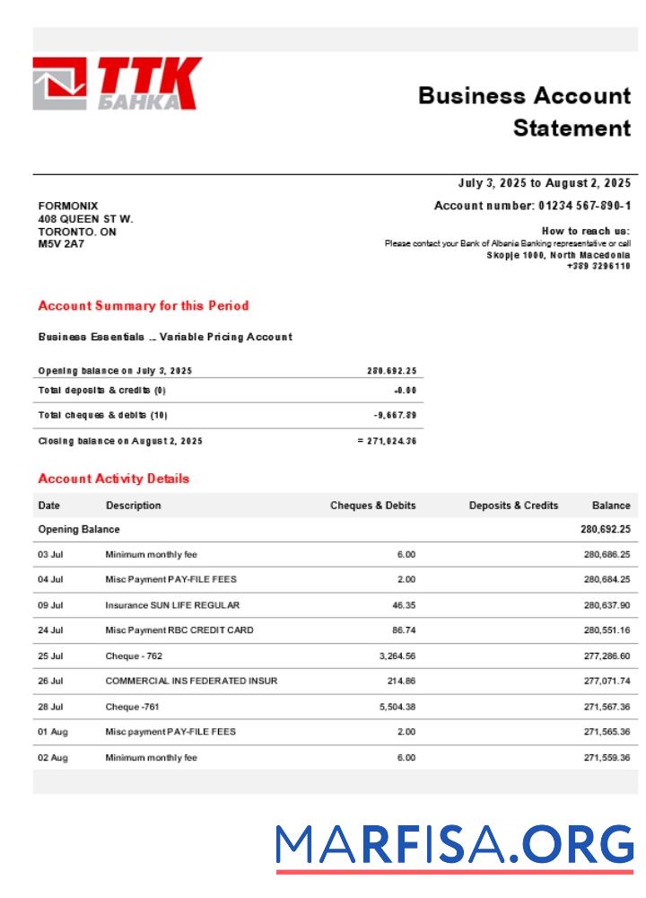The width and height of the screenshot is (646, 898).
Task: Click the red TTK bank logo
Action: click(x=117, y=84)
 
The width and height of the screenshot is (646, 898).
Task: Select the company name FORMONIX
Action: click(x=68, y=206)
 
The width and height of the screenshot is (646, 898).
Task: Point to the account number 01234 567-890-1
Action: click(x=584, y=206)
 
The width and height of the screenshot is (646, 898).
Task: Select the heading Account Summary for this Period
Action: click(x=144, y=305)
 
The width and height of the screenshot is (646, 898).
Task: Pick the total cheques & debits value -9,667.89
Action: click(x=395, y=415)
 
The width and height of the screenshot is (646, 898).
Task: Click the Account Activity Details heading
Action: click(x=114, y=479)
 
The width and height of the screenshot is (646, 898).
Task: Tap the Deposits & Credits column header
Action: click(x=513, y=506)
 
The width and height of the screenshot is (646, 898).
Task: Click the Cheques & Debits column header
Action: click(x=372, y=506)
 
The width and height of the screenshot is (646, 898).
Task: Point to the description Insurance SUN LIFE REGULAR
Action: click(x=172, y=605)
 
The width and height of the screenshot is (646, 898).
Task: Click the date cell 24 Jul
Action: click(x=50, y=630)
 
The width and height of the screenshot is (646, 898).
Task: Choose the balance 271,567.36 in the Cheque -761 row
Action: click(x=607, y=707)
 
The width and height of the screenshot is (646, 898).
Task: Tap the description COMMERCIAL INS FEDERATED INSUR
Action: click(x=191, y=681)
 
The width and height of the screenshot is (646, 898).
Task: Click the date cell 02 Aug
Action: click(x=52, y=757)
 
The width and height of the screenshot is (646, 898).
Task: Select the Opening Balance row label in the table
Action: click(x=79, y=530)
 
